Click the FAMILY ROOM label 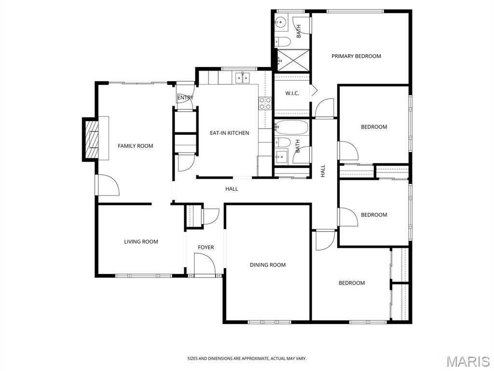[135, 146]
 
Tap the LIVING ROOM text [141, 242]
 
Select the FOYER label [206, 247]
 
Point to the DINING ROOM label [267, 265]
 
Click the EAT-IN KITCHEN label [229, 133]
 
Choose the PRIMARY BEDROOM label [356, 56]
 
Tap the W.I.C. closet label [292, 93]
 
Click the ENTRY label [185, 98]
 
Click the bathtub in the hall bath [291, 128]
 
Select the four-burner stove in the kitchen [265, 103]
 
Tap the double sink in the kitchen [242, 77]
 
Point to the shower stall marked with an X [292, 60]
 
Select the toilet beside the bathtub [283, 142]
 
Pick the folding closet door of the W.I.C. [314, 90]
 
